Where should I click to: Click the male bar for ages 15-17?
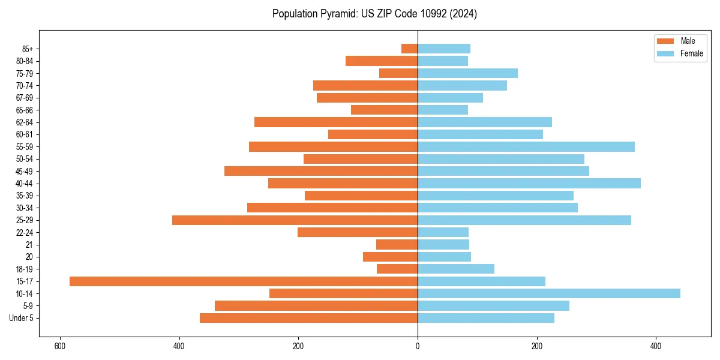coord(244,281)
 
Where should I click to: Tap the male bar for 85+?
coord(410,49)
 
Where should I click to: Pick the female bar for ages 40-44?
coord(529,184)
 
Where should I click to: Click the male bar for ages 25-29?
coord(295,220)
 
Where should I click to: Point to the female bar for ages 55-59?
coord(526,147)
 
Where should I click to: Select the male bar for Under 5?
coord(309,318)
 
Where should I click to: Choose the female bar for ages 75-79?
coord(468,73)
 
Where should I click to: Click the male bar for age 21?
coord(397,245)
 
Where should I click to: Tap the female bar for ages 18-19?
coord(456,269)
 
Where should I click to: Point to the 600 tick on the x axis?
coord(60,346)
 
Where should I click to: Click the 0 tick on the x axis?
coord(418,346)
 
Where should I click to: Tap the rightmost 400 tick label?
coord(656,346)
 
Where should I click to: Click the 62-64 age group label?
coord(25,122)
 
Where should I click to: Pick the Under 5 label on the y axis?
coord(22,318)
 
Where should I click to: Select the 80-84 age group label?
coord(25,61)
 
